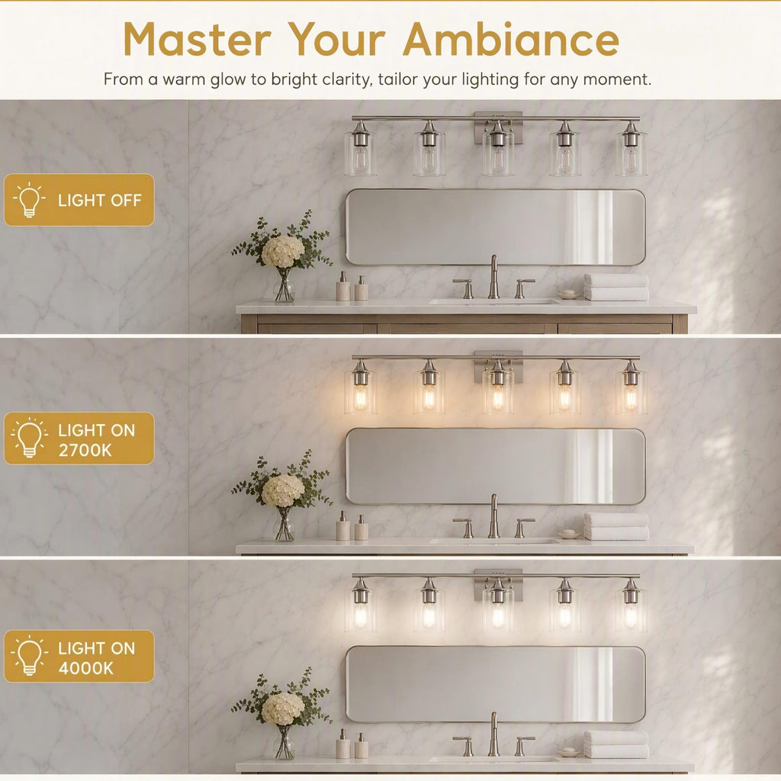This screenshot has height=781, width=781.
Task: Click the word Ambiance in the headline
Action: tap(511, 40)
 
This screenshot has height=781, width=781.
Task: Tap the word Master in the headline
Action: tap(198, 40)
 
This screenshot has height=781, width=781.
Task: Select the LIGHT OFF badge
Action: tap(79, 200)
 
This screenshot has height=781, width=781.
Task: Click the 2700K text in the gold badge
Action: tap(85, 450)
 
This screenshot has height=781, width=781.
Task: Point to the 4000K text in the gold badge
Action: tap(85, 668)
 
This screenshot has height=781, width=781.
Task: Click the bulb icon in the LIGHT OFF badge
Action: tap(29, 200)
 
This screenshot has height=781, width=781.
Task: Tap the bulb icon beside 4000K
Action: tap(29, 655)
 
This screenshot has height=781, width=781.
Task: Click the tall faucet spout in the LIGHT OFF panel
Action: tap(493, 277)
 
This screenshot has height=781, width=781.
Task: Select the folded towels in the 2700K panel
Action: tap(616, 526)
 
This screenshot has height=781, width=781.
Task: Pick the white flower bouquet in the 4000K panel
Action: tap(282, 709)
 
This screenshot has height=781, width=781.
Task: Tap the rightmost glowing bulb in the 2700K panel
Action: tap(631, 397)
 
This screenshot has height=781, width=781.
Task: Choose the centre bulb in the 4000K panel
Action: tap(498, 615)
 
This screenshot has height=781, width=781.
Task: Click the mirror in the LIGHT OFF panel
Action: tap(496, 227)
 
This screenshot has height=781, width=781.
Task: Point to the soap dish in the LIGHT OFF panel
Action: tap(568, 295)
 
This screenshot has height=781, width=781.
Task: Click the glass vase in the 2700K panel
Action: tap(284, 524)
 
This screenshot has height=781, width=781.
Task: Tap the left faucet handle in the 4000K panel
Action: tap(464, 746)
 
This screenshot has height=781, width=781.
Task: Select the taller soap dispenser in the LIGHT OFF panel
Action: tap(342, 287)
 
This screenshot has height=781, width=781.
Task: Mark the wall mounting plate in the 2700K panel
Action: tap(498, 367)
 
